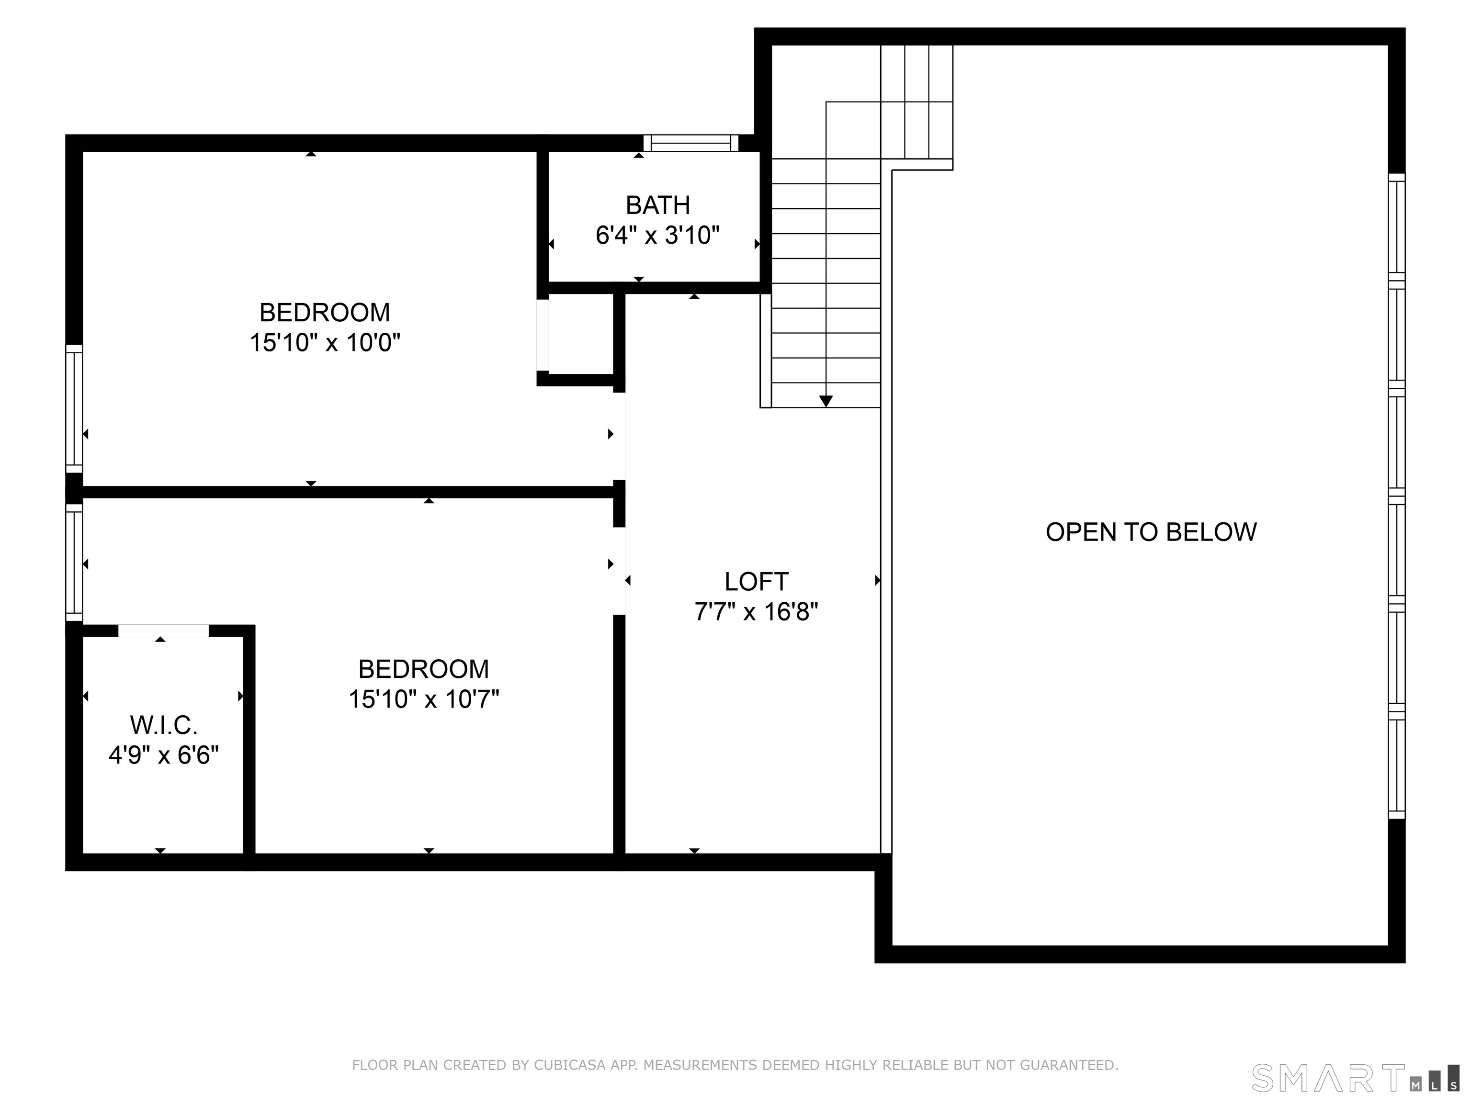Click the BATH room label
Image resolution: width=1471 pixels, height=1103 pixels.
click(x=658, y=205)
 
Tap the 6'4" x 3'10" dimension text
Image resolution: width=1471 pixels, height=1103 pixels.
click(x=658, y=236)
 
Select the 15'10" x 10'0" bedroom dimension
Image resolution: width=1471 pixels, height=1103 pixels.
click(x=325, y=343)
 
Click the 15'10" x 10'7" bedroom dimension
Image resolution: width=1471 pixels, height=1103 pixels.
click(x=424, y=699)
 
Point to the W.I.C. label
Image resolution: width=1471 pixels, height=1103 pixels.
click(x=164, y=725)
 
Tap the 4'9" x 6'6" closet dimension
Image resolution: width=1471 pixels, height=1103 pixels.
click(x=164, y=755)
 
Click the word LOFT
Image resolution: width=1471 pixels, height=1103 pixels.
click(x=756, y=582)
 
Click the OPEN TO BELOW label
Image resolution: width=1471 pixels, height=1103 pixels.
click(x=1151, y=532)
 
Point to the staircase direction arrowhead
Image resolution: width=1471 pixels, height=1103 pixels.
click(x=826, y=401)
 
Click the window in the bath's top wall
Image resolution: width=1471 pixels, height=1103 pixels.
click(x=691, y=143)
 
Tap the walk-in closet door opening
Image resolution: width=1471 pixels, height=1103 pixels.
click(x=164, y=631)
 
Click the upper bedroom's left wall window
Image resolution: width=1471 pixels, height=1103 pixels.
click(x=74, y=408)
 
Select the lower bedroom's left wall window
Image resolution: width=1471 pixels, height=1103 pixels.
click(x=74, y=563)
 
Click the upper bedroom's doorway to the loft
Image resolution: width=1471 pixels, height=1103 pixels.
click(x=619, y=436)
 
